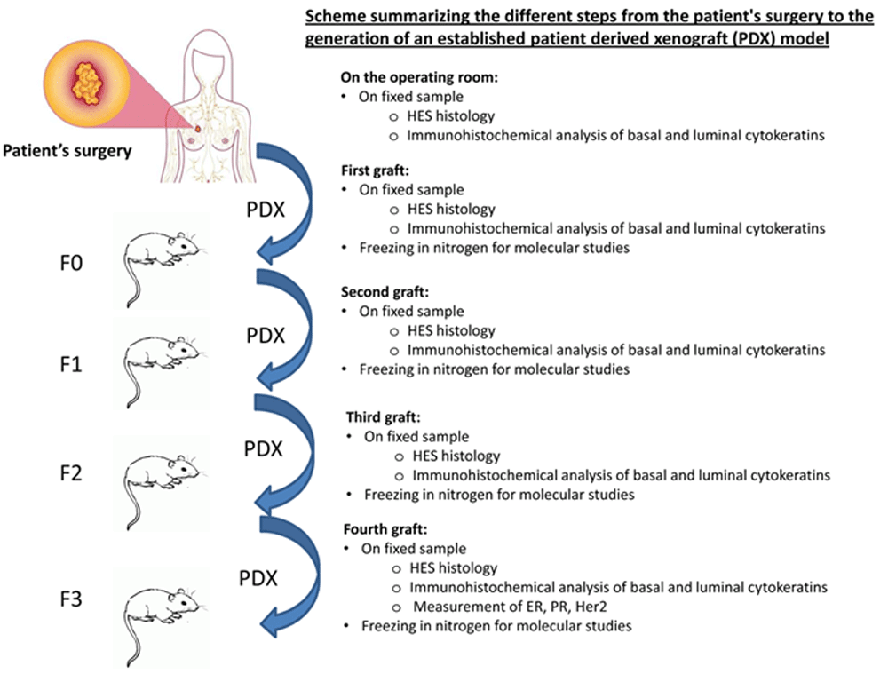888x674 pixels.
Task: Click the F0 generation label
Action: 71,263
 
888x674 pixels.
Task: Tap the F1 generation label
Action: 71,364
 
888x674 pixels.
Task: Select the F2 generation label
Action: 71,473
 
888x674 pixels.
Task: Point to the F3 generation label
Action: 71,599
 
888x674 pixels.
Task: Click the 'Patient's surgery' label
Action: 67,151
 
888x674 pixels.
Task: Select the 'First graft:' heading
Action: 375,170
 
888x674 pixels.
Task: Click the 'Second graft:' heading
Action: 385,291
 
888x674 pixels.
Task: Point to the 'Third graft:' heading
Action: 384,417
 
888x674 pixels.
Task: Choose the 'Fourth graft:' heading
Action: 385,529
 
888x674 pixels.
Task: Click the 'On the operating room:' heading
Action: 420,77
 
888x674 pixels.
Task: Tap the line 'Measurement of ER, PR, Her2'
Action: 510,607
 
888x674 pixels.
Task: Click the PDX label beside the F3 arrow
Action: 258,578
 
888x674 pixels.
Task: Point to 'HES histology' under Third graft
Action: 456,456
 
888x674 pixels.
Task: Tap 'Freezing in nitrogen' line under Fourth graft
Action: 496,626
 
